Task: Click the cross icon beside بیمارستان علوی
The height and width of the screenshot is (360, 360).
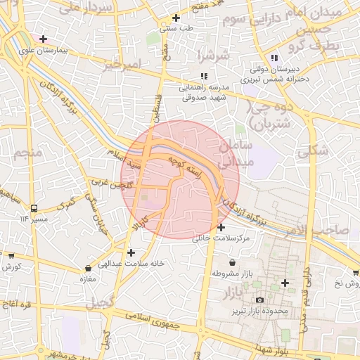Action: click(x=44, y=39)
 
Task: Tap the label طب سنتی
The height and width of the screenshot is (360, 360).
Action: click(x=176, y=29)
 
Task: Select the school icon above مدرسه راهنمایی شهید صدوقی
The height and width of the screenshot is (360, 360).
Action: click(x=203, y=76)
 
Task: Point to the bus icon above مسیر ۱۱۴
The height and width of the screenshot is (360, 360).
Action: click(x=34, y=208)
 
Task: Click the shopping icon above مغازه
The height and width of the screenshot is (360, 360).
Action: click(x=88, y=268)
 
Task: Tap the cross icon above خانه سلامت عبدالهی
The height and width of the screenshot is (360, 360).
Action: click(x=131, y=252)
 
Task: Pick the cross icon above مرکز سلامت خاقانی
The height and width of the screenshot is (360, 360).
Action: click(x=221, y=227)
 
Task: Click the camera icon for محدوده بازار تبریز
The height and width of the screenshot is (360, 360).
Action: click(x=259, y=300)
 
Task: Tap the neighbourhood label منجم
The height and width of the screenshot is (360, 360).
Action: click(x=29, y=152)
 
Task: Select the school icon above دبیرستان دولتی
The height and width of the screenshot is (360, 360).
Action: click(x=274, y=58)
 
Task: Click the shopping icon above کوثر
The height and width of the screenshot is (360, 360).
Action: click(x=11, y=257)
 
